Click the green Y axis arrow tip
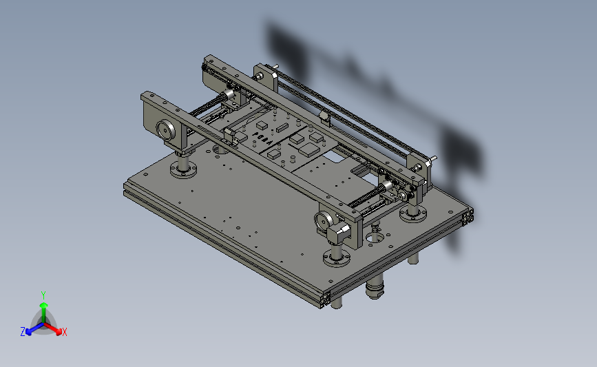point(43,305)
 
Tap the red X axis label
point(64,332)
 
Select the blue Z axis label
point(23,332)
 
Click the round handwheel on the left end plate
point(166,130)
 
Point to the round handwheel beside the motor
point(324,221)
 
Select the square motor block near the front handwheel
point(339,233)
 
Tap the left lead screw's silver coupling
point(228,94)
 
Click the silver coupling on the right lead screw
point(386,187)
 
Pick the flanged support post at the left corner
point(184,166)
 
